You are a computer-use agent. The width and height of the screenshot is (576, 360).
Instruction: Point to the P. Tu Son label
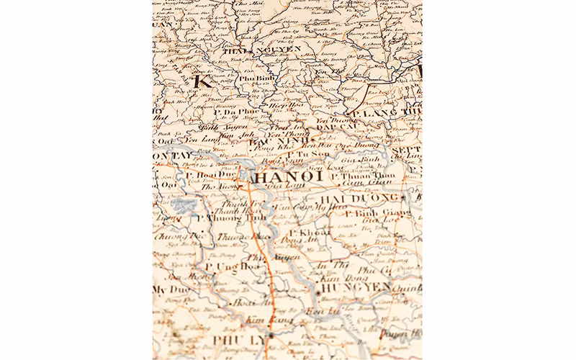click(x=309, y=154)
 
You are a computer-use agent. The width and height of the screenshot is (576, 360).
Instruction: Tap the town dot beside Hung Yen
click(x=317, y=292)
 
